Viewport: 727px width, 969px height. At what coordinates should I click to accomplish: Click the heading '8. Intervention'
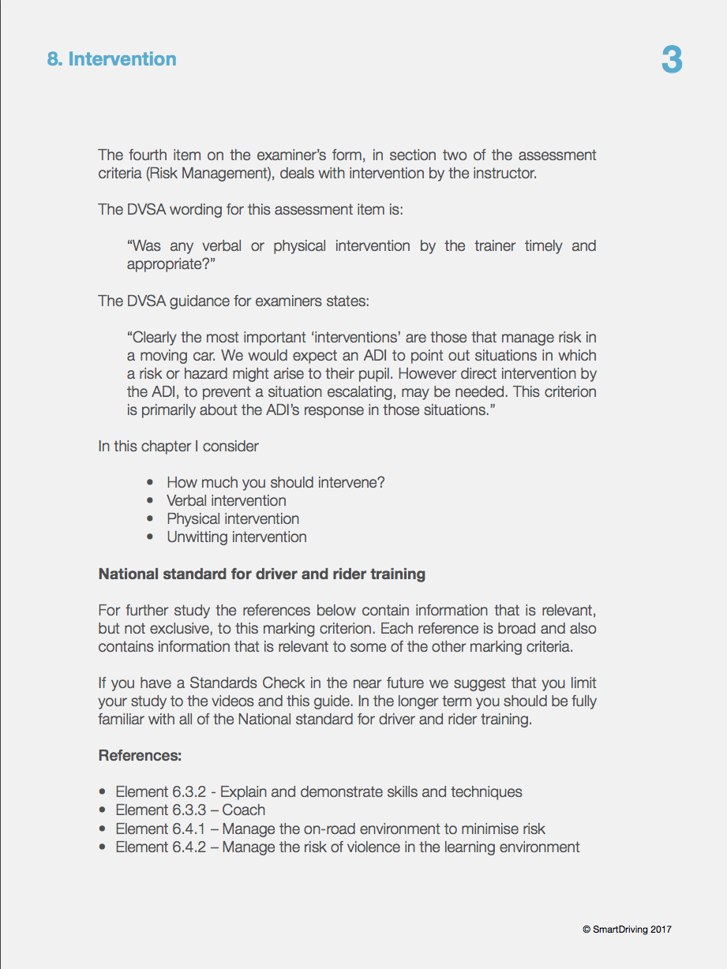coord(111,59)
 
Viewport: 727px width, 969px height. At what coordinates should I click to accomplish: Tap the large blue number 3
coord(672,61)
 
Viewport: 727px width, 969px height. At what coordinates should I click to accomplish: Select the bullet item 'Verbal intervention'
coord(226,500)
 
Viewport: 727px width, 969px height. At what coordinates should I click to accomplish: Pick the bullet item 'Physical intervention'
coord(232,518)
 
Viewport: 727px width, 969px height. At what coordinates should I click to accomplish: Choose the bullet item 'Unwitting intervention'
coord(236,537)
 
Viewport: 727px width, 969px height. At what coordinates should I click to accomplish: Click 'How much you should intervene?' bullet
coord(275,482)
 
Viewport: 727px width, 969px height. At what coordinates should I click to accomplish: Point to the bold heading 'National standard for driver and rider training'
coord(261,574)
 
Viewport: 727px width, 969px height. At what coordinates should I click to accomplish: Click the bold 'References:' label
coord(140,755)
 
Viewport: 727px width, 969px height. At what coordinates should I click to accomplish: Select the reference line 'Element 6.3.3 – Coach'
coord(189,810)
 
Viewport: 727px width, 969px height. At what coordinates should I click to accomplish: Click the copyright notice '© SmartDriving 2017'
coord(627,930)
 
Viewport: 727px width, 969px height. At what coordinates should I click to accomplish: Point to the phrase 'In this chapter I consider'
coord(178,446)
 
